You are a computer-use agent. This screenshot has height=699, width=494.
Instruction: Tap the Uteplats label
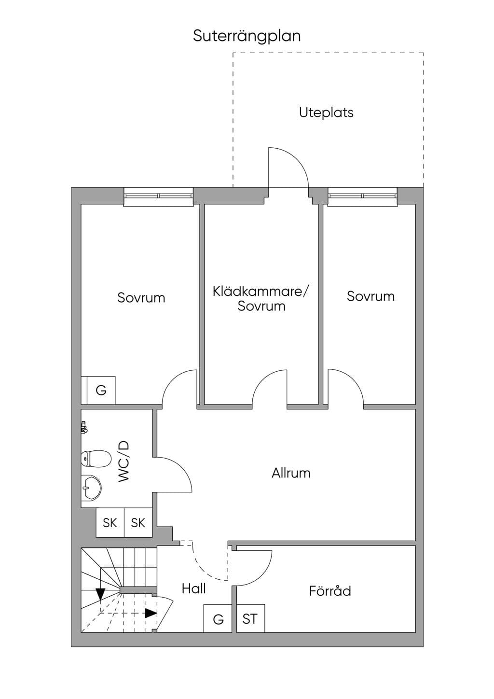coord(326,112)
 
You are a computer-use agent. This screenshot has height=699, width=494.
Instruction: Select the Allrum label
coord(291,473)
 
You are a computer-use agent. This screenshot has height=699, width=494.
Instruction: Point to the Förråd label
coord(330,590)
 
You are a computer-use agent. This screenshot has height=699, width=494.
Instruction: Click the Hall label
coord(193,588)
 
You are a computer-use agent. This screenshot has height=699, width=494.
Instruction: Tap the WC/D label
coord(123,461)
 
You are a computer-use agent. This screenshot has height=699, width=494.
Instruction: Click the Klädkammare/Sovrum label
coord(261,299)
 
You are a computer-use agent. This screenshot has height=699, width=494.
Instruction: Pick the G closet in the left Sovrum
coord(101,390)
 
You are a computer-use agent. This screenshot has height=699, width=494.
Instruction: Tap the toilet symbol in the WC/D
coord(96,459)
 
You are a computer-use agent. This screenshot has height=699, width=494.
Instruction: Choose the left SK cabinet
coord(110,523)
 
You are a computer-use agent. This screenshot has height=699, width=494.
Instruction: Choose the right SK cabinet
coord(138,523)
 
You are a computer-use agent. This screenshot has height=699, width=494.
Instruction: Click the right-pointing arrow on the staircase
coord(151,613)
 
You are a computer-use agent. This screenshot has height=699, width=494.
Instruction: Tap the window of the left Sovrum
coord(158,197)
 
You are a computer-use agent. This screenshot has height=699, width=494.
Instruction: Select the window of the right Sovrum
coord(363,197)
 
